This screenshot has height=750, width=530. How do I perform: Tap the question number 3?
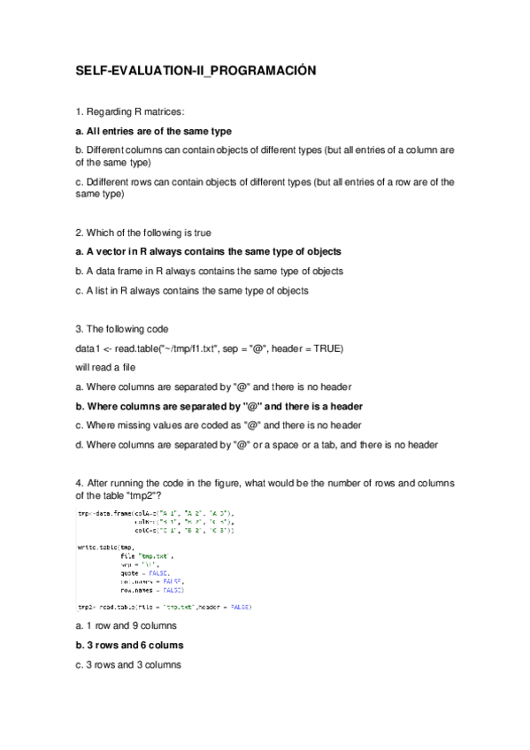(x=79, y=329)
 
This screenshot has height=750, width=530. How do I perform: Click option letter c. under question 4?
(x=80, y=664)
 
